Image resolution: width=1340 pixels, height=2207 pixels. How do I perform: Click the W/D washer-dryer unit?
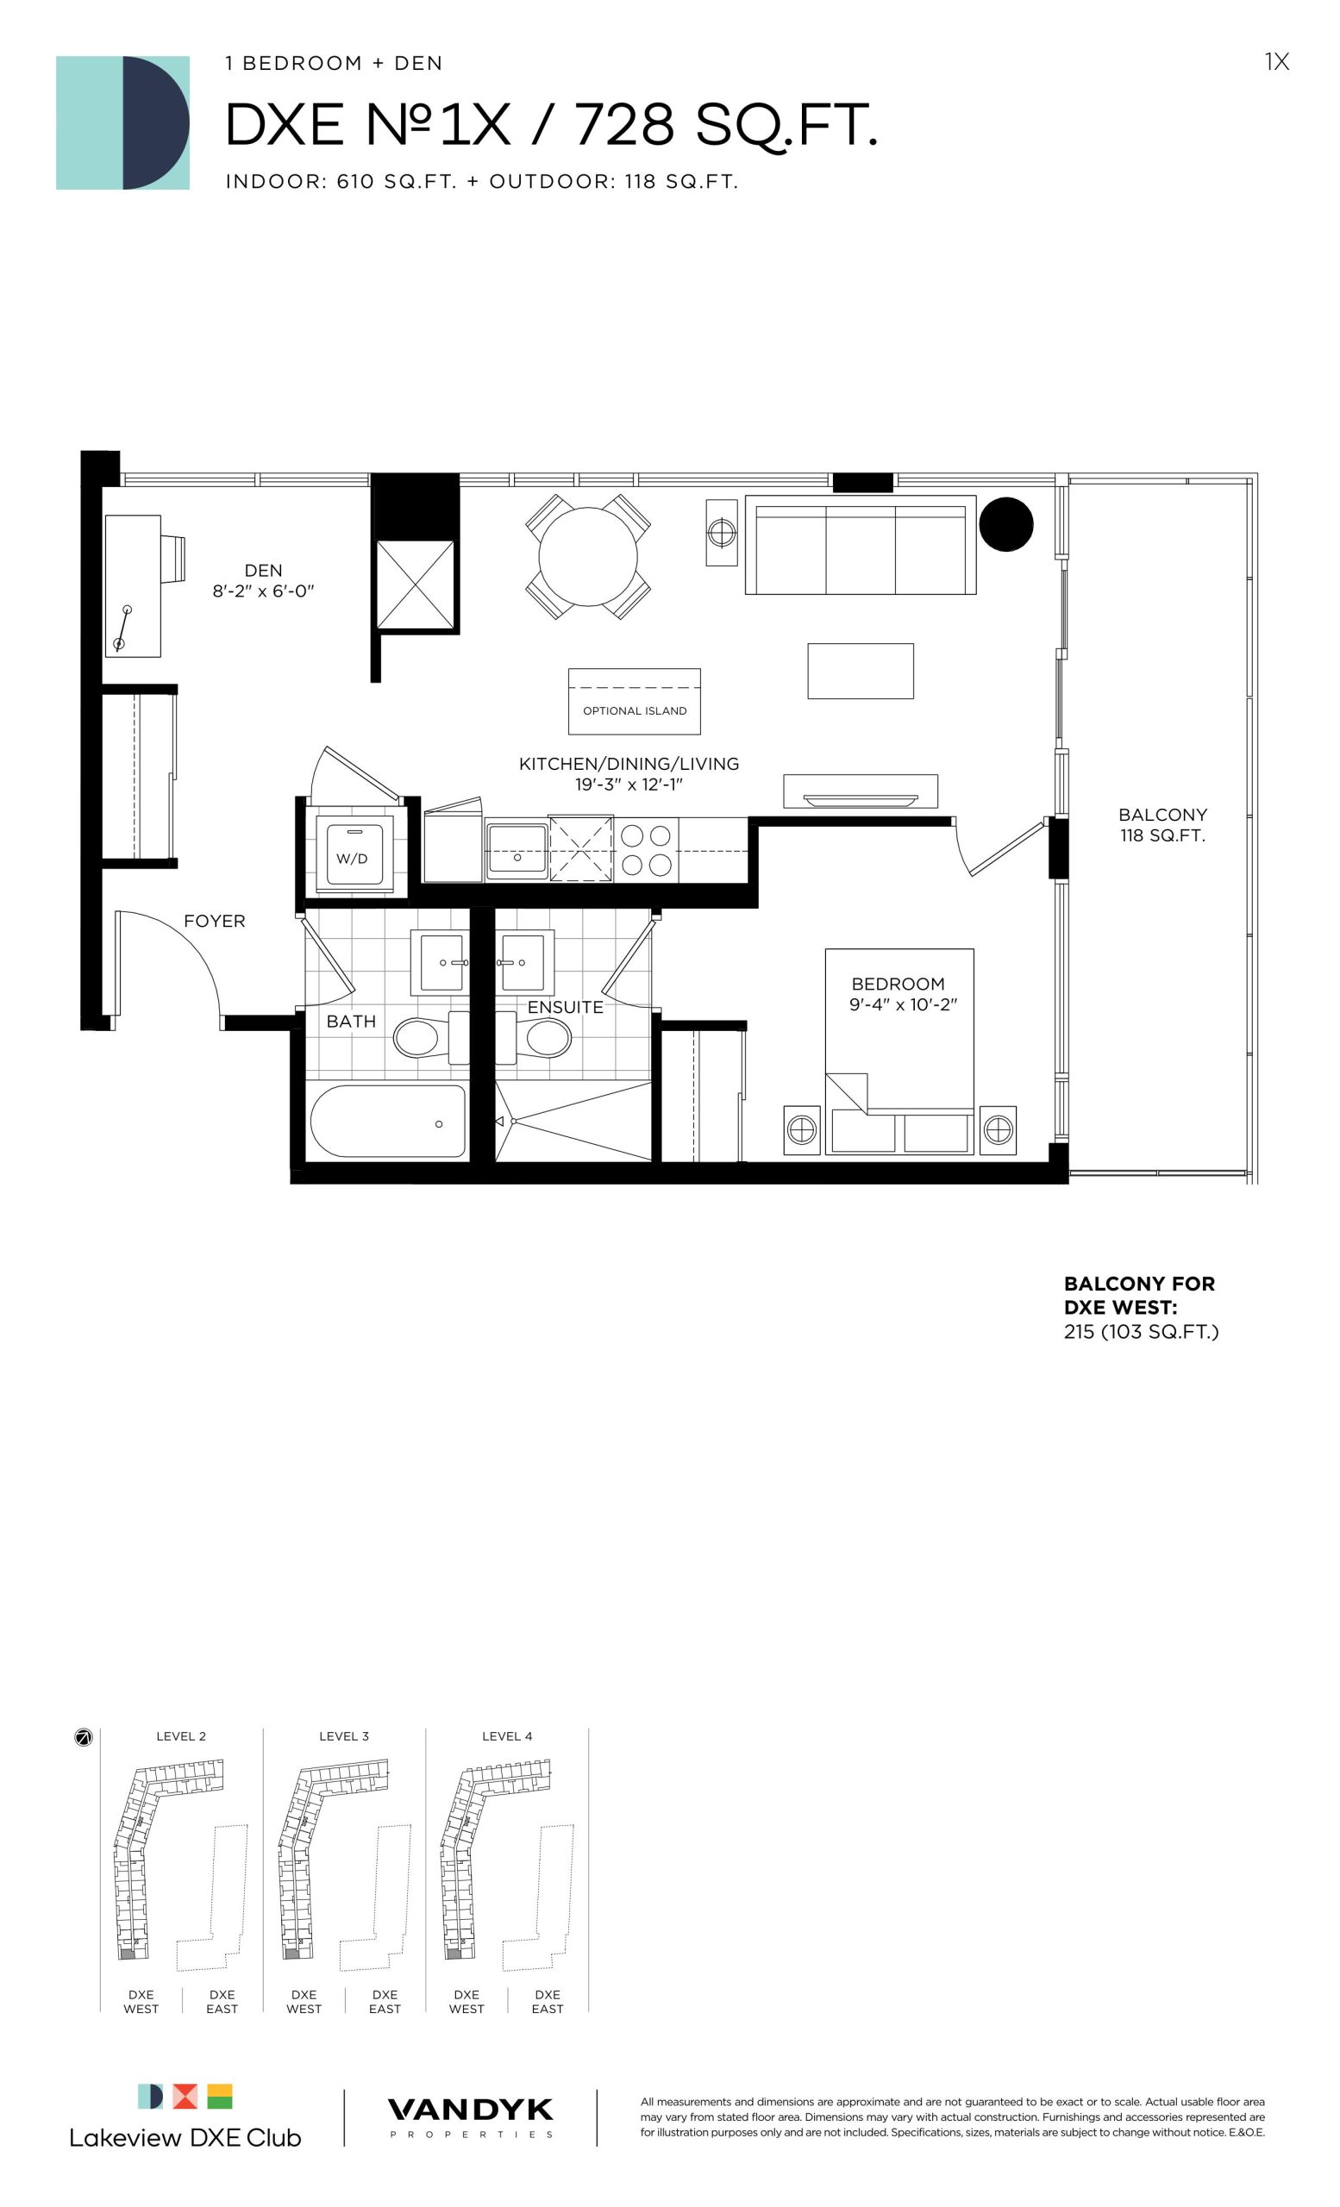point(352,855)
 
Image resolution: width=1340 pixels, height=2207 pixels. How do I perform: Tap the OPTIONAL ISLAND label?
point(634,710)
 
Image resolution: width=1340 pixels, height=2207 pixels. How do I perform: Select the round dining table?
point(587,556)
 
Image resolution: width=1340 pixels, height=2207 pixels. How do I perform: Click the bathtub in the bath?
point(389,1121)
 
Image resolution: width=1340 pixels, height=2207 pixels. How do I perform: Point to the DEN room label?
point(263,571)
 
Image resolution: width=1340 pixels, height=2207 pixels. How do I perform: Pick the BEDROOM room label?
point(899,984)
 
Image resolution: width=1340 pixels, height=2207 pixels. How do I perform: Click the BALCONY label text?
point(1162,814)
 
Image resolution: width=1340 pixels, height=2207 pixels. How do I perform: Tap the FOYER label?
point(214,921)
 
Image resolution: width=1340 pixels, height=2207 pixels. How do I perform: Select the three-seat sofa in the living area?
point(860,545)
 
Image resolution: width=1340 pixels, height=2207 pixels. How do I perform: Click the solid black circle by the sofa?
point(1006,524)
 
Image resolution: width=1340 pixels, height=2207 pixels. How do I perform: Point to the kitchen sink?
point(517,850)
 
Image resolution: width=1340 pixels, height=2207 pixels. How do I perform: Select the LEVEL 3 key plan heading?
point(344,1736)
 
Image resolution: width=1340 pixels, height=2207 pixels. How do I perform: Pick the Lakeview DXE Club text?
point(185,2137)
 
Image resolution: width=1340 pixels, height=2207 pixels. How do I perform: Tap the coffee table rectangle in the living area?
point(860,671)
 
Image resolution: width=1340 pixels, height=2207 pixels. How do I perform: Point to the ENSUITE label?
point(565,1007)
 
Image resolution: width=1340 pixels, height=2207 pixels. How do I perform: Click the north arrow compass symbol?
point(84,1738)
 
